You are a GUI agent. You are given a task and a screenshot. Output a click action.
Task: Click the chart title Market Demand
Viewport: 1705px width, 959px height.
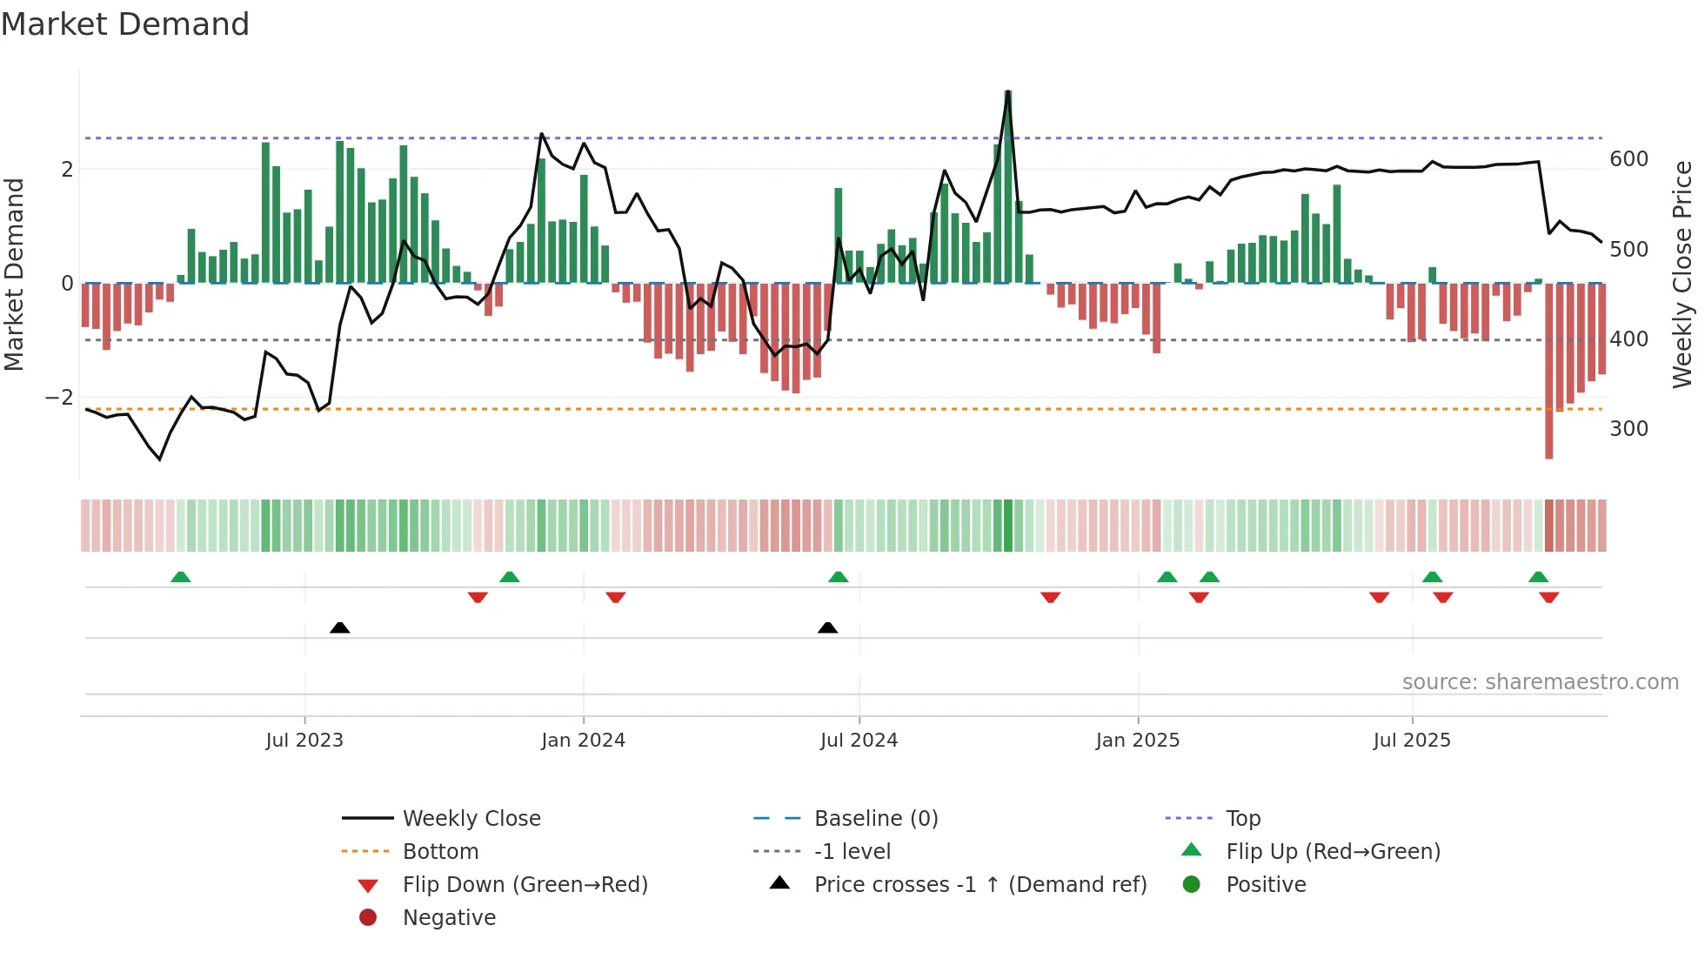tap(125, 24)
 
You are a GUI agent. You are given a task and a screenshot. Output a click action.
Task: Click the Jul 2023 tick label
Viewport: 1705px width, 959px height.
tap(304, 741)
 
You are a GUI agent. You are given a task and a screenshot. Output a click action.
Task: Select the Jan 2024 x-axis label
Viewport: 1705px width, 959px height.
tap(583, 741)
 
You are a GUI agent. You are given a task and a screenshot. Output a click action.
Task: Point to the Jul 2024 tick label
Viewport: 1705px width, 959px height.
tap(859, 741)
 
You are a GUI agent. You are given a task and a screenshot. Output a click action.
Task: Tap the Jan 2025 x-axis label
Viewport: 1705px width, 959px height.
tap(1138, 741)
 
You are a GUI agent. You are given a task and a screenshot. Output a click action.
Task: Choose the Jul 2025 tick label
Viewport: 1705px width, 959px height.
tap(1412, 741)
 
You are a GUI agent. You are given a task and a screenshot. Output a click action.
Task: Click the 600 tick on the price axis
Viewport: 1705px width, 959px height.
tap(1628, 159)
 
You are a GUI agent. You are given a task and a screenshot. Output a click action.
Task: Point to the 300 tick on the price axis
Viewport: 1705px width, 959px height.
tap(1628, 429)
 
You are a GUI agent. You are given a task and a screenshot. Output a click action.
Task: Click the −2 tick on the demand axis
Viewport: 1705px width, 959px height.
tap(60, 398)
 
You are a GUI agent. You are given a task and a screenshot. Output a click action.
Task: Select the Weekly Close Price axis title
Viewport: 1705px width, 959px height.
tap(1682, 274)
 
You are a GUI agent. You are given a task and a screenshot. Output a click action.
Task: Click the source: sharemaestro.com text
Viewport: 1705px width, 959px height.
tap(1540, 682)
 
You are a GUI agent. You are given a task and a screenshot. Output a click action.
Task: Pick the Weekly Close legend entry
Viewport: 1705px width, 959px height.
tap(471, 819)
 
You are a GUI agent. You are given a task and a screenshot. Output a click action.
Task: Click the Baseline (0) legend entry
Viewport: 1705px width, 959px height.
tap(876, 819)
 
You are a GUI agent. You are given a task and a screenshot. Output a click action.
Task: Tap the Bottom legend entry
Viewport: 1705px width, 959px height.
tap(440, 852)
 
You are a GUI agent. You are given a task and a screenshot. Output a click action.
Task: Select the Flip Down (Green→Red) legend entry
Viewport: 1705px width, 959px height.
tap(525, 885)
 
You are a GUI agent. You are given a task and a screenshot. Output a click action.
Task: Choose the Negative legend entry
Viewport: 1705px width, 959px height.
tap(449, 918)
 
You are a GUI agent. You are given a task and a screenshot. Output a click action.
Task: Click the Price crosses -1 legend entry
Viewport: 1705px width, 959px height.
tap(980, 885)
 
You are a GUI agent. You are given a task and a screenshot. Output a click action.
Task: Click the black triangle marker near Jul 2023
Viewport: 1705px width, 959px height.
tap(340, 627)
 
